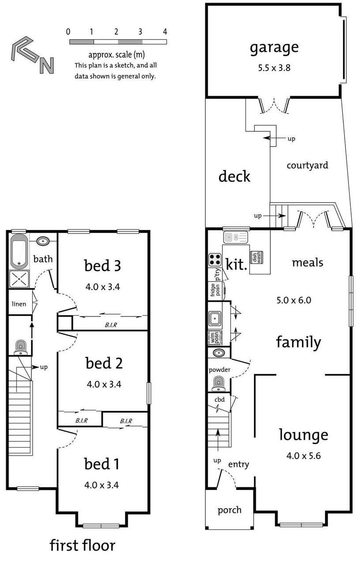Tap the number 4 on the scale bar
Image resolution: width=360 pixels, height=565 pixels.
[x=165, y=32]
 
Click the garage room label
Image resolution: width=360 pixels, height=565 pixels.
[x=274, y=47]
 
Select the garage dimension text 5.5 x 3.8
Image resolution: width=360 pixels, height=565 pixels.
[x=274, y=68]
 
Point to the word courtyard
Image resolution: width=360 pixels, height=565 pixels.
[x=307, y=166]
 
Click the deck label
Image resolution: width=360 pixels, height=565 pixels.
[x=234, y=177]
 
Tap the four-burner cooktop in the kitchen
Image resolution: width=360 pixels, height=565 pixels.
[x=215, y=260]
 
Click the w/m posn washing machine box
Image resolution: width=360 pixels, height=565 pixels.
[x=215, y=337]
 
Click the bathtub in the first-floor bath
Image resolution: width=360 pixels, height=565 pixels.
[x=19, y=252]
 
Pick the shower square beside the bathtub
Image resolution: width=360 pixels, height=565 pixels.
[x=19, y=279]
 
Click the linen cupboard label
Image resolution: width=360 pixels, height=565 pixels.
[x=19, y=304]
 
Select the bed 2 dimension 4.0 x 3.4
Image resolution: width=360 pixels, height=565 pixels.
[x=104, y=384]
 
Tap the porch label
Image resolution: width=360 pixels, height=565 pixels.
[x=229, y=510]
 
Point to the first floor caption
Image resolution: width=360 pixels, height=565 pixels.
[x=82, y=545]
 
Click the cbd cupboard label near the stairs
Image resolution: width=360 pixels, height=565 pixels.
[x=220, y=400]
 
